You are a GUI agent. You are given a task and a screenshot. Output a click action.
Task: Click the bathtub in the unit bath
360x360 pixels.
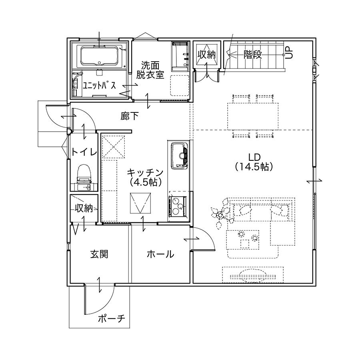[99, 55]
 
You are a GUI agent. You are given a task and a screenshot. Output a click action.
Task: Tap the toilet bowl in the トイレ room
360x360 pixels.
[84, 173]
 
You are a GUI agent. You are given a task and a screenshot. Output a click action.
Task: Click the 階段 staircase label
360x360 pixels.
[252, 55]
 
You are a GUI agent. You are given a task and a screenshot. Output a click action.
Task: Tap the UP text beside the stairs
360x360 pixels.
[290, 53]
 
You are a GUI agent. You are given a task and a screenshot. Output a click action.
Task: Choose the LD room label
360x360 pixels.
[254, 157]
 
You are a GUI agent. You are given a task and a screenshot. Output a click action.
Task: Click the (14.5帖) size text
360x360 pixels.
[254, 167]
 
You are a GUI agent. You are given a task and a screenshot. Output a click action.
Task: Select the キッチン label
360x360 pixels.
[145, 172]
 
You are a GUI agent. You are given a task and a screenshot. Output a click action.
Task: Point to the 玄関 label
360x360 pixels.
[99, 254]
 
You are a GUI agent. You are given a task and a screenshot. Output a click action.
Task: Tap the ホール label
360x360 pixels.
[160, 254]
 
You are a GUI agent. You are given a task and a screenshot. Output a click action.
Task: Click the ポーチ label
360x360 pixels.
[112, 319]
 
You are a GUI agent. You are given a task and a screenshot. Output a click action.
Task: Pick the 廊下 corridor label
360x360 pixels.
[130, 116]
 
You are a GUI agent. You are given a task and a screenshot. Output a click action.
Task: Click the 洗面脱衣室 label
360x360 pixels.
[150, 70]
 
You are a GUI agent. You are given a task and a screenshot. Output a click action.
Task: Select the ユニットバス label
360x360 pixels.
[100, 86]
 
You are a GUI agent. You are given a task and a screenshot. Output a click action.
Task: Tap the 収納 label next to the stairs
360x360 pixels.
[207, 55]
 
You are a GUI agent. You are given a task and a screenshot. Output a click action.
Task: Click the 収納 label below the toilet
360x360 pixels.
[84, 208]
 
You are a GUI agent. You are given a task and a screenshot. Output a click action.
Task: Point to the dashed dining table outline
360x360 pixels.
[253, 116]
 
